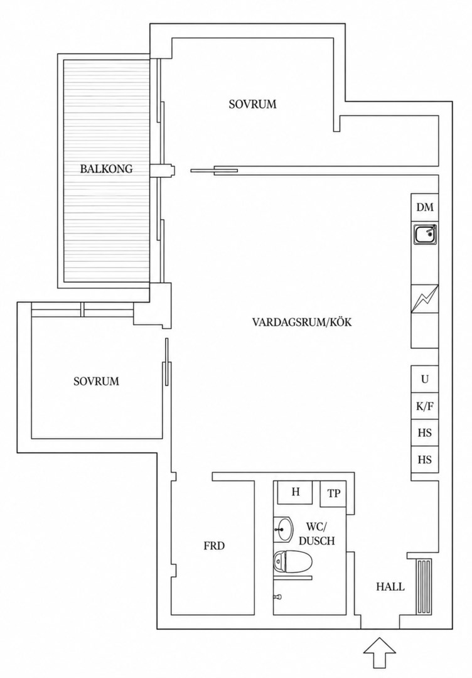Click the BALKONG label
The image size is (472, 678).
pyautogui.click(x=106, y=169)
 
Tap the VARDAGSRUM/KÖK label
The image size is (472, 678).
pyautogui.click(x=302, y=322)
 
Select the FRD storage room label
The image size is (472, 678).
pyautogui.click(x=215, y=546)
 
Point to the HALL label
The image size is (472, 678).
pyautogui.click(x=390, y=587)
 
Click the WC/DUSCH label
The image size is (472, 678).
pyautogui.click(x=317, y=534)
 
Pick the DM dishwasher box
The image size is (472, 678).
pyautogui.click(x=424, y=208)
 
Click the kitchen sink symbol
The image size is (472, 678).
pyautogui.click(x=425, y=234)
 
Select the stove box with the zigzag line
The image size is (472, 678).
pyautogui.click(x=424, y=298)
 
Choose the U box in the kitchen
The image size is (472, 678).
pyautogui.click(x=424, y=379)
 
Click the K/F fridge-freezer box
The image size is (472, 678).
pyautogui.click(x=424, y=406)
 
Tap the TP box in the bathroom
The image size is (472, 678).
pyautogui.click(x=333, y=494)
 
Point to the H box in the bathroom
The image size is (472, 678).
pyautogui.click(x=296, y=492)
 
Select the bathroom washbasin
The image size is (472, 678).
pyautogui.click(x=284, y=529)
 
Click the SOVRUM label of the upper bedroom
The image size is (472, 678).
pyautogui.click(x=252, y=104)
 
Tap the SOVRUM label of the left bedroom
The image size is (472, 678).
pyautogui.click(x=96, y=382)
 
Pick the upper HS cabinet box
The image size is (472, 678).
pyautogui.click(x=424, y=433)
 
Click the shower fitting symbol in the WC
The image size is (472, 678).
pyautogui.click(x=277, y=597)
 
